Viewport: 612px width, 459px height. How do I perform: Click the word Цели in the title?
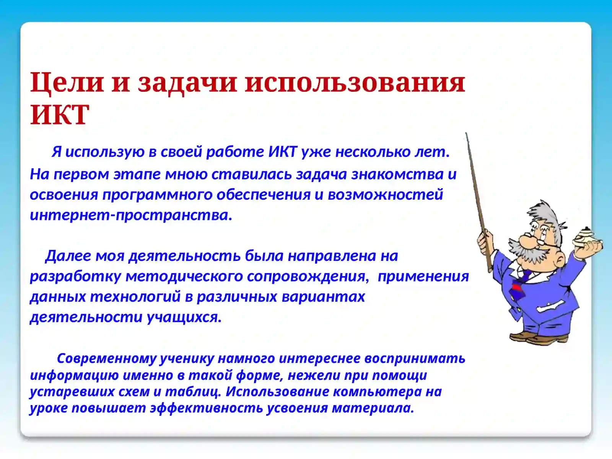coord(67,82)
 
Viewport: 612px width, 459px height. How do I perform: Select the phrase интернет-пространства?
coord(131,215)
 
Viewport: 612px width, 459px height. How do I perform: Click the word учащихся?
coord(184,317)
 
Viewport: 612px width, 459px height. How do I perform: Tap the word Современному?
coord(107,358)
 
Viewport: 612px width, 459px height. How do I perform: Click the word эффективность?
coord(206,408)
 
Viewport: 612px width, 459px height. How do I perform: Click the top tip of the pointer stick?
coord(466,134)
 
